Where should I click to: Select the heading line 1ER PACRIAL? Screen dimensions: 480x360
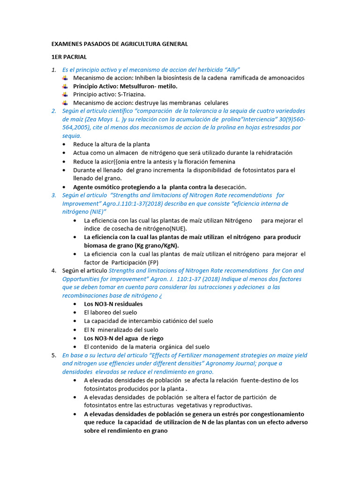pos(69,57)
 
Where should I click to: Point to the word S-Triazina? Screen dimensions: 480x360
pos(133,94)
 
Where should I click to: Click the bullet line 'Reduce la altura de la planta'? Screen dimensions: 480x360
pos(112,144)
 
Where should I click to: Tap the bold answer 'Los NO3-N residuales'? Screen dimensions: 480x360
pos(113,304)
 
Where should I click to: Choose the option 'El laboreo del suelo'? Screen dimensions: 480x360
pos(111,312)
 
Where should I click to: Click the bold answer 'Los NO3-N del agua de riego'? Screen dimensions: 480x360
pos(124,338)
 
